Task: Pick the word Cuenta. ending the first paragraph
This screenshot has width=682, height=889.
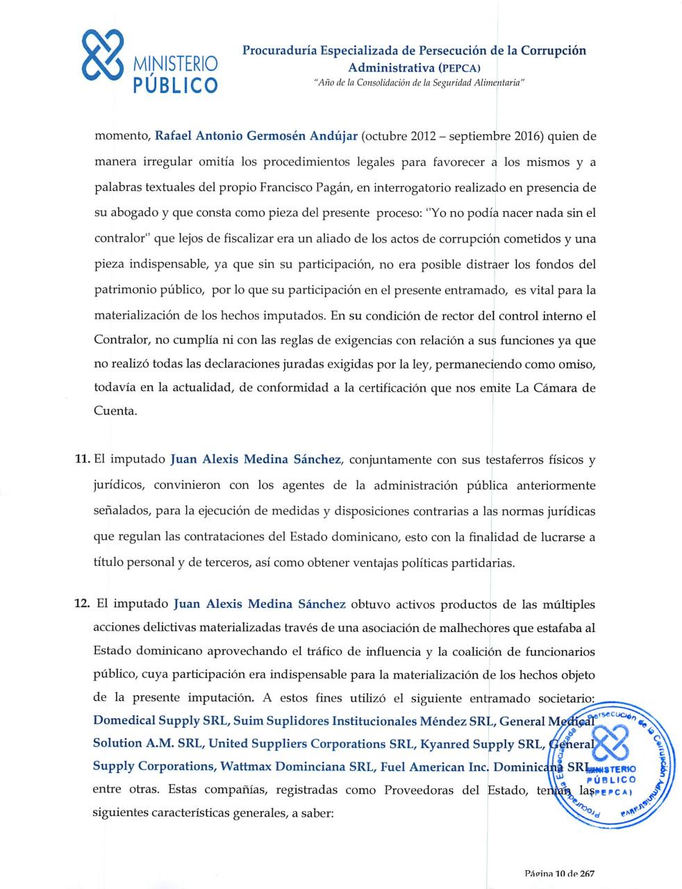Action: pyautogui.click(x=115, y=410)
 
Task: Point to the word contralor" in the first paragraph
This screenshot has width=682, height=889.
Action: pyautogui.click(x=122, y=239)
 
